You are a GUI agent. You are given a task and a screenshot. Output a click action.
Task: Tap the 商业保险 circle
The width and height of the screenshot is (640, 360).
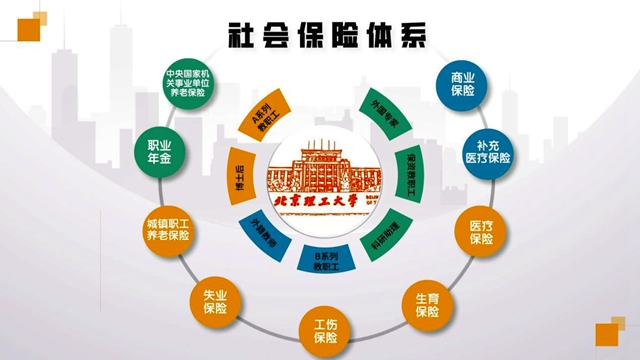point(462,84)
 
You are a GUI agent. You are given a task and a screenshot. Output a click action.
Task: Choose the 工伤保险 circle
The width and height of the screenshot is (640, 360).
point(325,332)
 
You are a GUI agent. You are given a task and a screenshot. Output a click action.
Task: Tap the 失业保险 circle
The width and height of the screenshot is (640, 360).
point(214,301)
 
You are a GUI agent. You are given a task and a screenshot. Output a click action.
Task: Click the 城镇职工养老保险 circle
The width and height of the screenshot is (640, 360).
point(166,229)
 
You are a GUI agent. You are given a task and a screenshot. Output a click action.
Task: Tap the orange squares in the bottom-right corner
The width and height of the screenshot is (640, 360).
point(608,334)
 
